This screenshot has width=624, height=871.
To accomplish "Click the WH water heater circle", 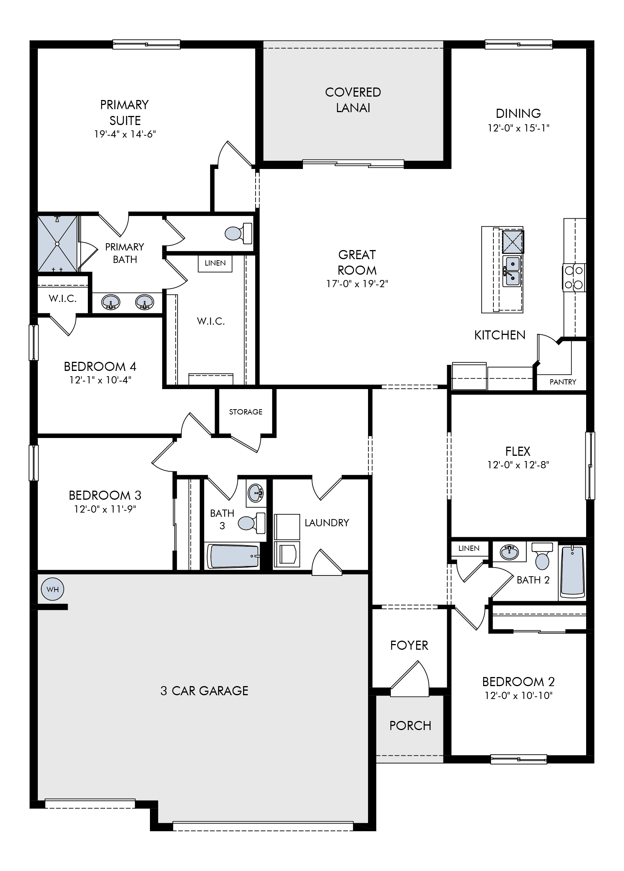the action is coord(53,589).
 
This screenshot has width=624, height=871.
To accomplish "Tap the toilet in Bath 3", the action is coord(252,523).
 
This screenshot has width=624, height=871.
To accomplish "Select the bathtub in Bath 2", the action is coord(572,571).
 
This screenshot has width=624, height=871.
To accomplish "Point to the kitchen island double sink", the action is coord(512,271).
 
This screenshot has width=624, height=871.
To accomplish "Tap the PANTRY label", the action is coord(563,382).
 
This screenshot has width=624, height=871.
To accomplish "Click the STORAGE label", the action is coord(246,412).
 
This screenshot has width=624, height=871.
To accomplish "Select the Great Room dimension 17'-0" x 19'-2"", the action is coord(357,284).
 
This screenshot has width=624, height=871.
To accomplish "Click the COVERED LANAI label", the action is coord(353,100).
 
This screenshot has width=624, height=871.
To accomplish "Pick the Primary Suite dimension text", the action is coord(125,134).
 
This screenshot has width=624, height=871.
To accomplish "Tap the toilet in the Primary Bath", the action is coord(239,233).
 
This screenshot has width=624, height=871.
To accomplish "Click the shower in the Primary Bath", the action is coord(58,244).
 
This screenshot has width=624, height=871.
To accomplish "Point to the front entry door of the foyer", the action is coord(409,680).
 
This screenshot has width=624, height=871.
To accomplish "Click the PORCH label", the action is coord(410,726).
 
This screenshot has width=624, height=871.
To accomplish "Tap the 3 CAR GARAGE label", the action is coord(204,691).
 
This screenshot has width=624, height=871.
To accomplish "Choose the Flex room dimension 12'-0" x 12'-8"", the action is coord(518,465).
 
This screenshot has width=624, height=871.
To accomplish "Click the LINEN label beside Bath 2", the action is coord(469,548).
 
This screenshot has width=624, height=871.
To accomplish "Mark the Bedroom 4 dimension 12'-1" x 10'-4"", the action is coord(100,380).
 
